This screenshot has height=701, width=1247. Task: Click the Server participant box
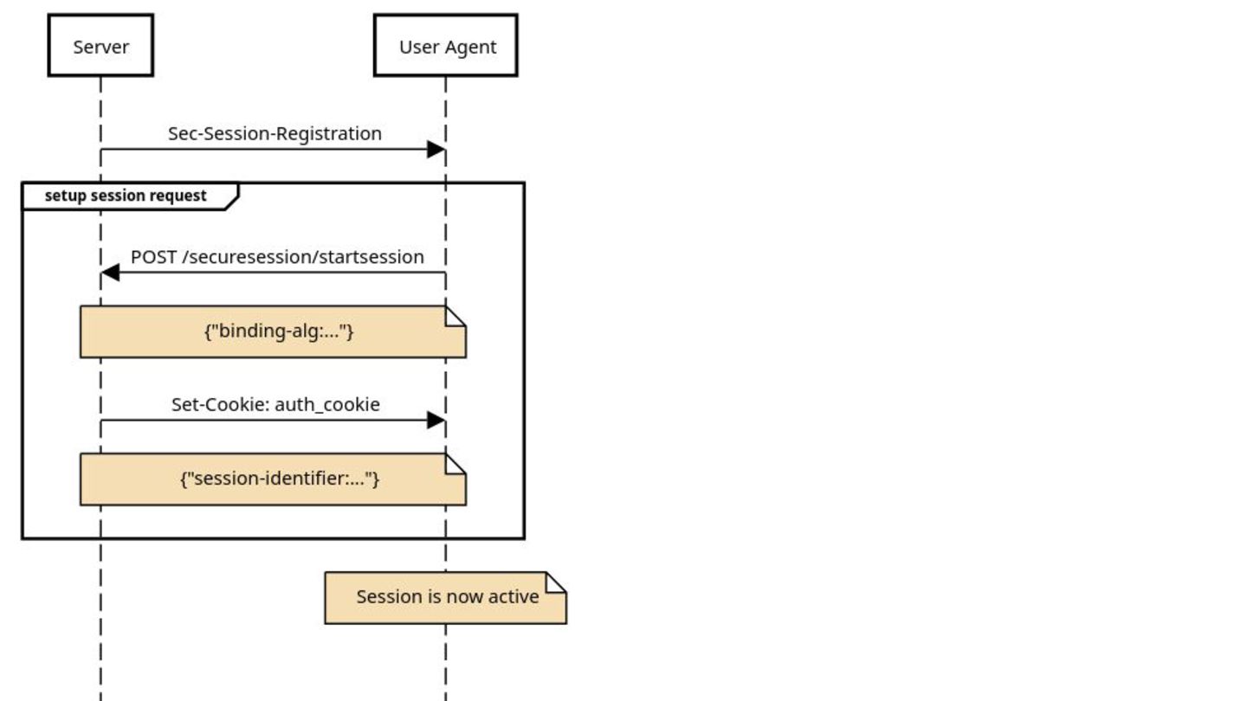(100, 45)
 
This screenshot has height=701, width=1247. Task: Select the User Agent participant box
(446, 45)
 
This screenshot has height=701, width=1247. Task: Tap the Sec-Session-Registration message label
(275, 133)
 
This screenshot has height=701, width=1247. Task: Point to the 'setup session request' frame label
(126, 196)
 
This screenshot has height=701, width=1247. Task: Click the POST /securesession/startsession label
(277, 257)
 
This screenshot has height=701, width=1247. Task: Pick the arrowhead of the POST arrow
(110, 273)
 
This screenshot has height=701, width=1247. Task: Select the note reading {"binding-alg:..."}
(274, 331)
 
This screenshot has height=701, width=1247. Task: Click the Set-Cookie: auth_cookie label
(275, 404)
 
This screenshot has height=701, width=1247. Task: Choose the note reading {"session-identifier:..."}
(274, 479)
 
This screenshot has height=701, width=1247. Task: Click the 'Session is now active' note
(446, 597)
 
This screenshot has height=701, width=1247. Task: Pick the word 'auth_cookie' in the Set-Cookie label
(327, 405)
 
